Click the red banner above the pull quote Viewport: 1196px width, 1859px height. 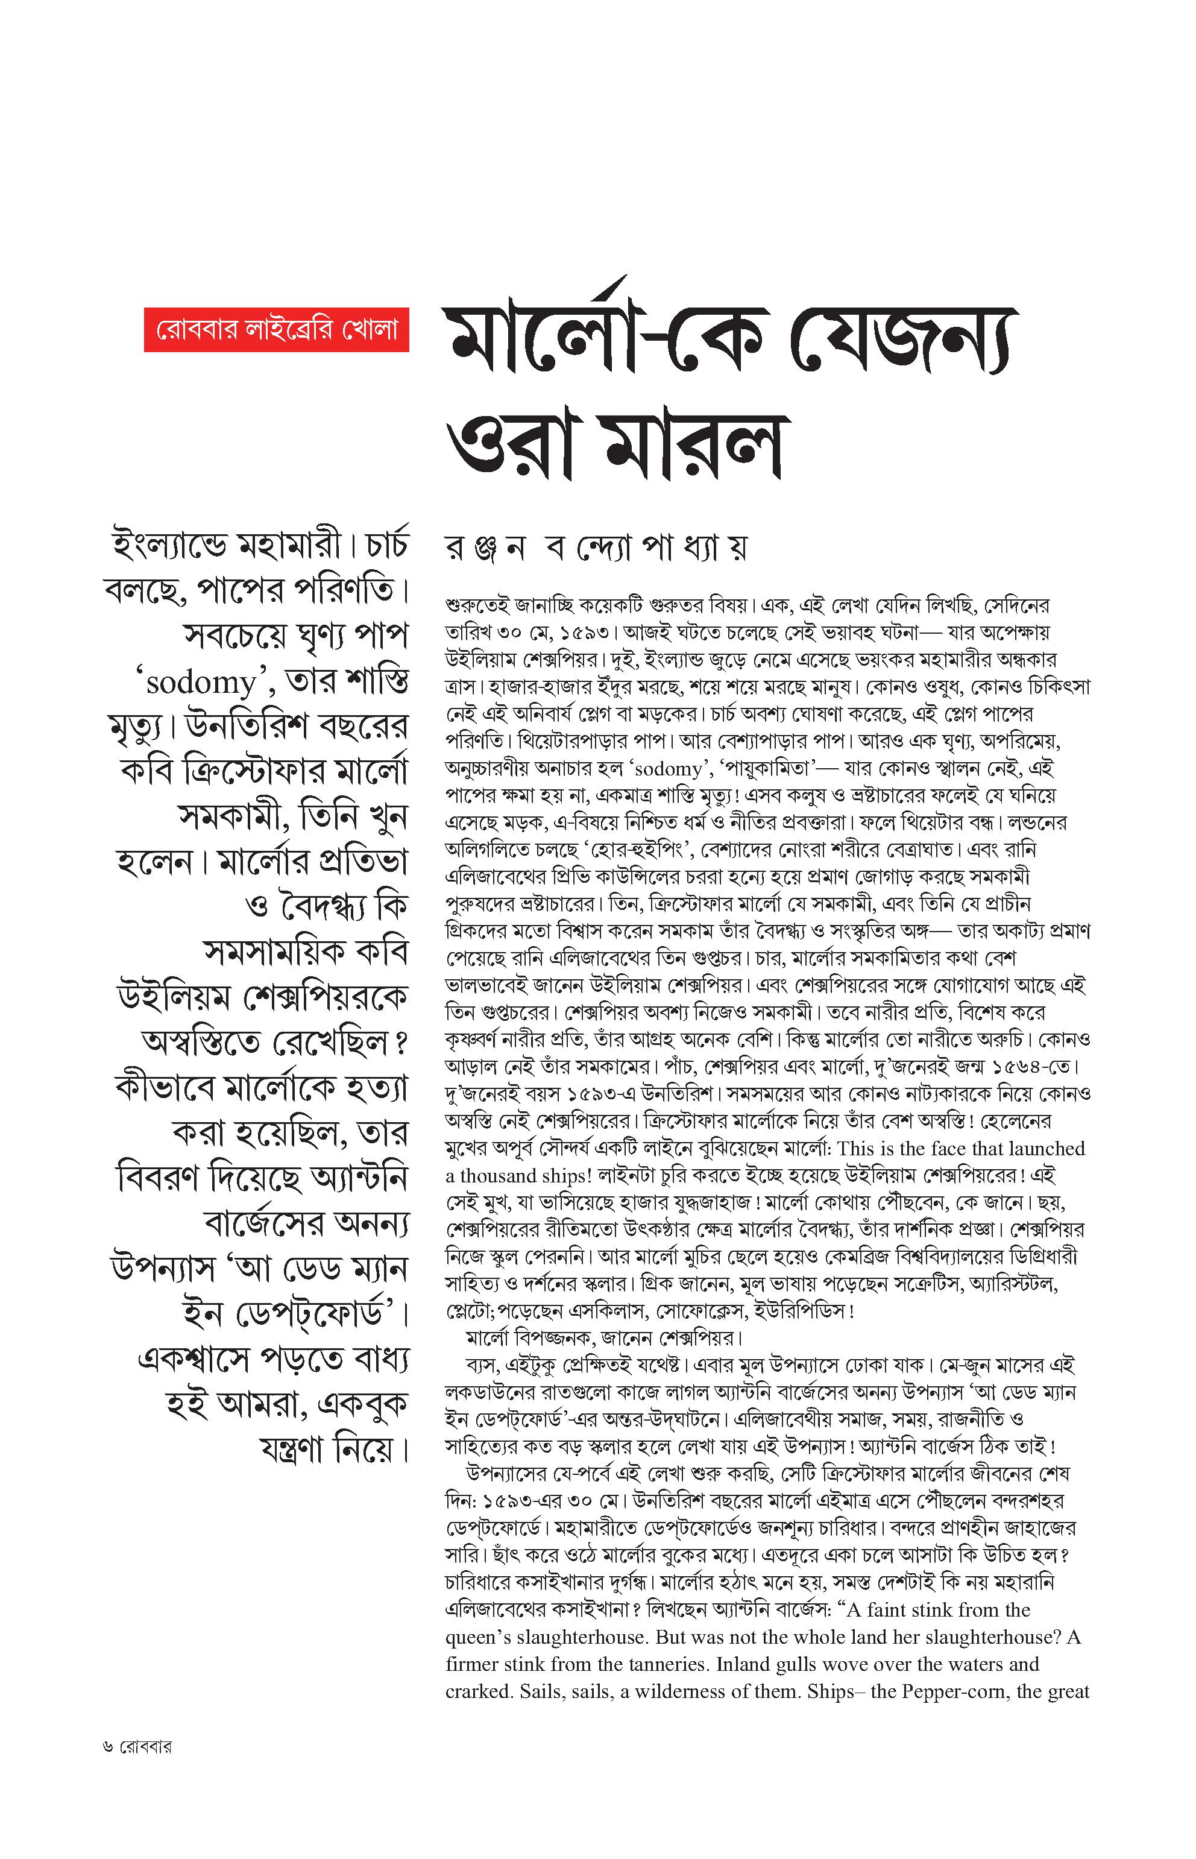pos(277,330)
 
